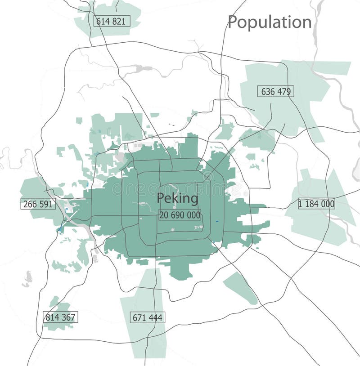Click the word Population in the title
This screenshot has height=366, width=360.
pos(270,22)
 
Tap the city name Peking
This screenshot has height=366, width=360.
pos(177,198)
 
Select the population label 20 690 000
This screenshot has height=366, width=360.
pos(180,215)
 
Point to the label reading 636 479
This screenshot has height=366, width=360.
pos(276,91)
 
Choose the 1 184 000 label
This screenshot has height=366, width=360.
pos(316,204)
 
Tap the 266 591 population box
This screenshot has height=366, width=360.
pos(38,204)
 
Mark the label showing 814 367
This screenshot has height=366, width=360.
pos(60,317)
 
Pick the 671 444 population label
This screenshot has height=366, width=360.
pos(148,317)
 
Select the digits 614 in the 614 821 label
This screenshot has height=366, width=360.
pos(103,21)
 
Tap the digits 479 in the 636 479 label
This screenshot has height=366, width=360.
pos(284,91)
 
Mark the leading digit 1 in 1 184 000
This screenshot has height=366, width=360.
pos(301,204)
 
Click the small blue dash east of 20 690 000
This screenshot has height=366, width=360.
pos(217,221)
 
